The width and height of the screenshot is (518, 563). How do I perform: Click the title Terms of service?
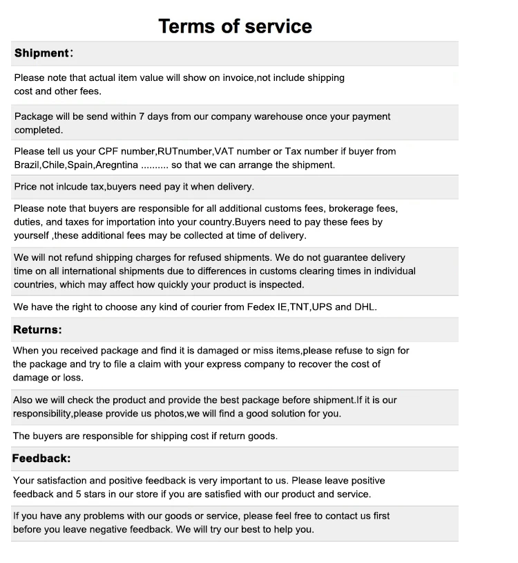(235, 26)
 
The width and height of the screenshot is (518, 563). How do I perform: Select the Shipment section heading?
(41, 53)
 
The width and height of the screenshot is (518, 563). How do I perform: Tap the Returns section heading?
(37, 329)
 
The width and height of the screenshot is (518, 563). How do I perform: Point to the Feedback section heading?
(41, 459)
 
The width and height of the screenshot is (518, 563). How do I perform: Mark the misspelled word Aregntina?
(117, 165)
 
